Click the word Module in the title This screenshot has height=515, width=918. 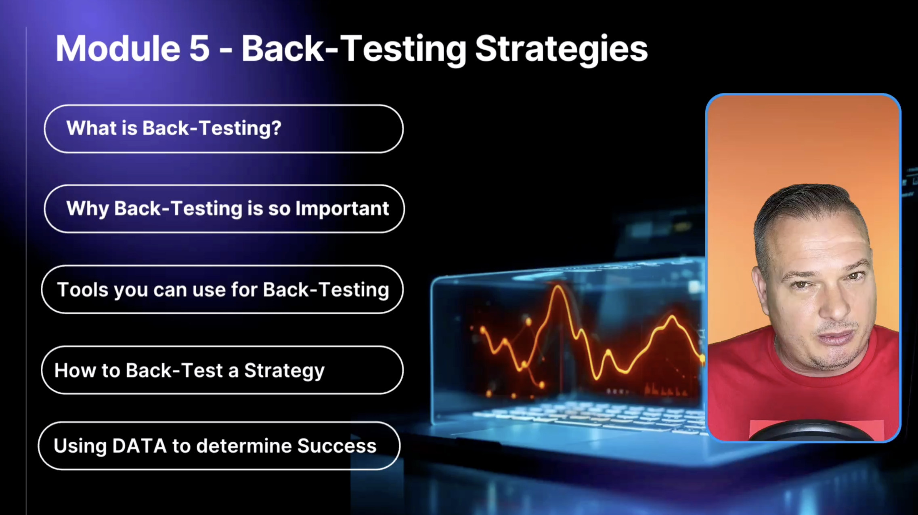coord(117,48)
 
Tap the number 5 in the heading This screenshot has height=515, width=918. coord(199,49)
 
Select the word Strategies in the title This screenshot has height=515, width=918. coord(562,50)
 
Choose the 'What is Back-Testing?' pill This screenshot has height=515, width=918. coord(224,129)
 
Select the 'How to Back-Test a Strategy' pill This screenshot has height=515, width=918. coord(222,370)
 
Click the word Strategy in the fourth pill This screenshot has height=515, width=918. coord(284,371)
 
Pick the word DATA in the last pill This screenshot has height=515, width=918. coord(139,446)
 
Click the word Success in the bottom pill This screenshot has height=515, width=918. coord(337,446)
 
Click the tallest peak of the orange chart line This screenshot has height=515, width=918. coord(558,287)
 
